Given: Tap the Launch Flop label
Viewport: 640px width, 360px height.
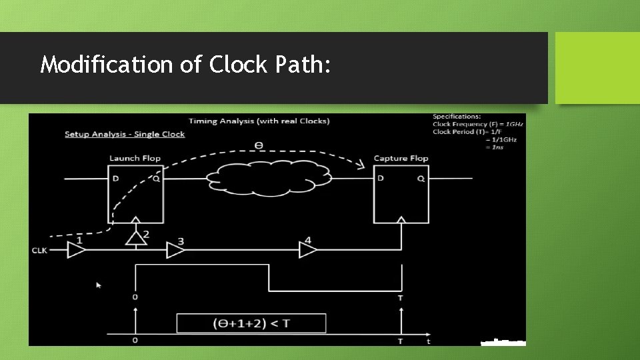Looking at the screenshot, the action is click(x=135, y=158).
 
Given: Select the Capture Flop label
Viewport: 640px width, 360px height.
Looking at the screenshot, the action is click(x=401, y=158).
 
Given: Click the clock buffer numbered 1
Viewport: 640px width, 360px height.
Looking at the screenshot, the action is click(x=77, y=250).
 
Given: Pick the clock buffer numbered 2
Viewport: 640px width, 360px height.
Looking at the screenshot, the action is click(x=136, y=237).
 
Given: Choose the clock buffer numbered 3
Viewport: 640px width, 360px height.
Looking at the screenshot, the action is click(x=175, y=250).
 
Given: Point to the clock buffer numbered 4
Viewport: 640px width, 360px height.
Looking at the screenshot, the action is click(x=307, y=250).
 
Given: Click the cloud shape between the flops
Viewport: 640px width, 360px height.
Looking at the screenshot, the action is click(x=269, y=178).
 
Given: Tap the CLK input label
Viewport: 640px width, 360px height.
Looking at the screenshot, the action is click(x=40, y=251).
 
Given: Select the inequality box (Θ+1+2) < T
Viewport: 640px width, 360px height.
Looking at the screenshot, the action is click(x=251, y=323).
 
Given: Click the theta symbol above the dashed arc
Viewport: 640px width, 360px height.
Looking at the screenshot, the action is click(x=259, y=145).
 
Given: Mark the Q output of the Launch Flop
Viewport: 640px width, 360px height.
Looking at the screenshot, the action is click(x=156, y=178).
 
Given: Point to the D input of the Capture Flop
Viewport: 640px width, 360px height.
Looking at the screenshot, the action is click(x=380, y=178).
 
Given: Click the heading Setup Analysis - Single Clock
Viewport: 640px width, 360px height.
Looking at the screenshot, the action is click(x=125, y=134).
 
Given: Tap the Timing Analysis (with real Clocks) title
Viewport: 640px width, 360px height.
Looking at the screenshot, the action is click(x=259, y=121).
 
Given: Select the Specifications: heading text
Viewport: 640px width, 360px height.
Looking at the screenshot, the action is click(x=457, y=117).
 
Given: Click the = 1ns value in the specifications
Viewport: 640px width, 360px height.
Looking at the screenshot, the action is click(x=494, y=147).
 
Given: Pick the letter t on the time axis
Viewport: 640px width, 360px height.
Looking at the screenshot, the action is click(x=428, y=341).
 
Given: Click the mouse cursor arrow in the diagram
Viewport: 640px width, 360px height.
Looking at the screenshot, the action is click(x=99, y=285).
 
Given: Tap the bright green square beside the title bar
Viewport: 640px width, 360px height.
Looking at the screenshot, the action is click(x=597, y=68).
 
